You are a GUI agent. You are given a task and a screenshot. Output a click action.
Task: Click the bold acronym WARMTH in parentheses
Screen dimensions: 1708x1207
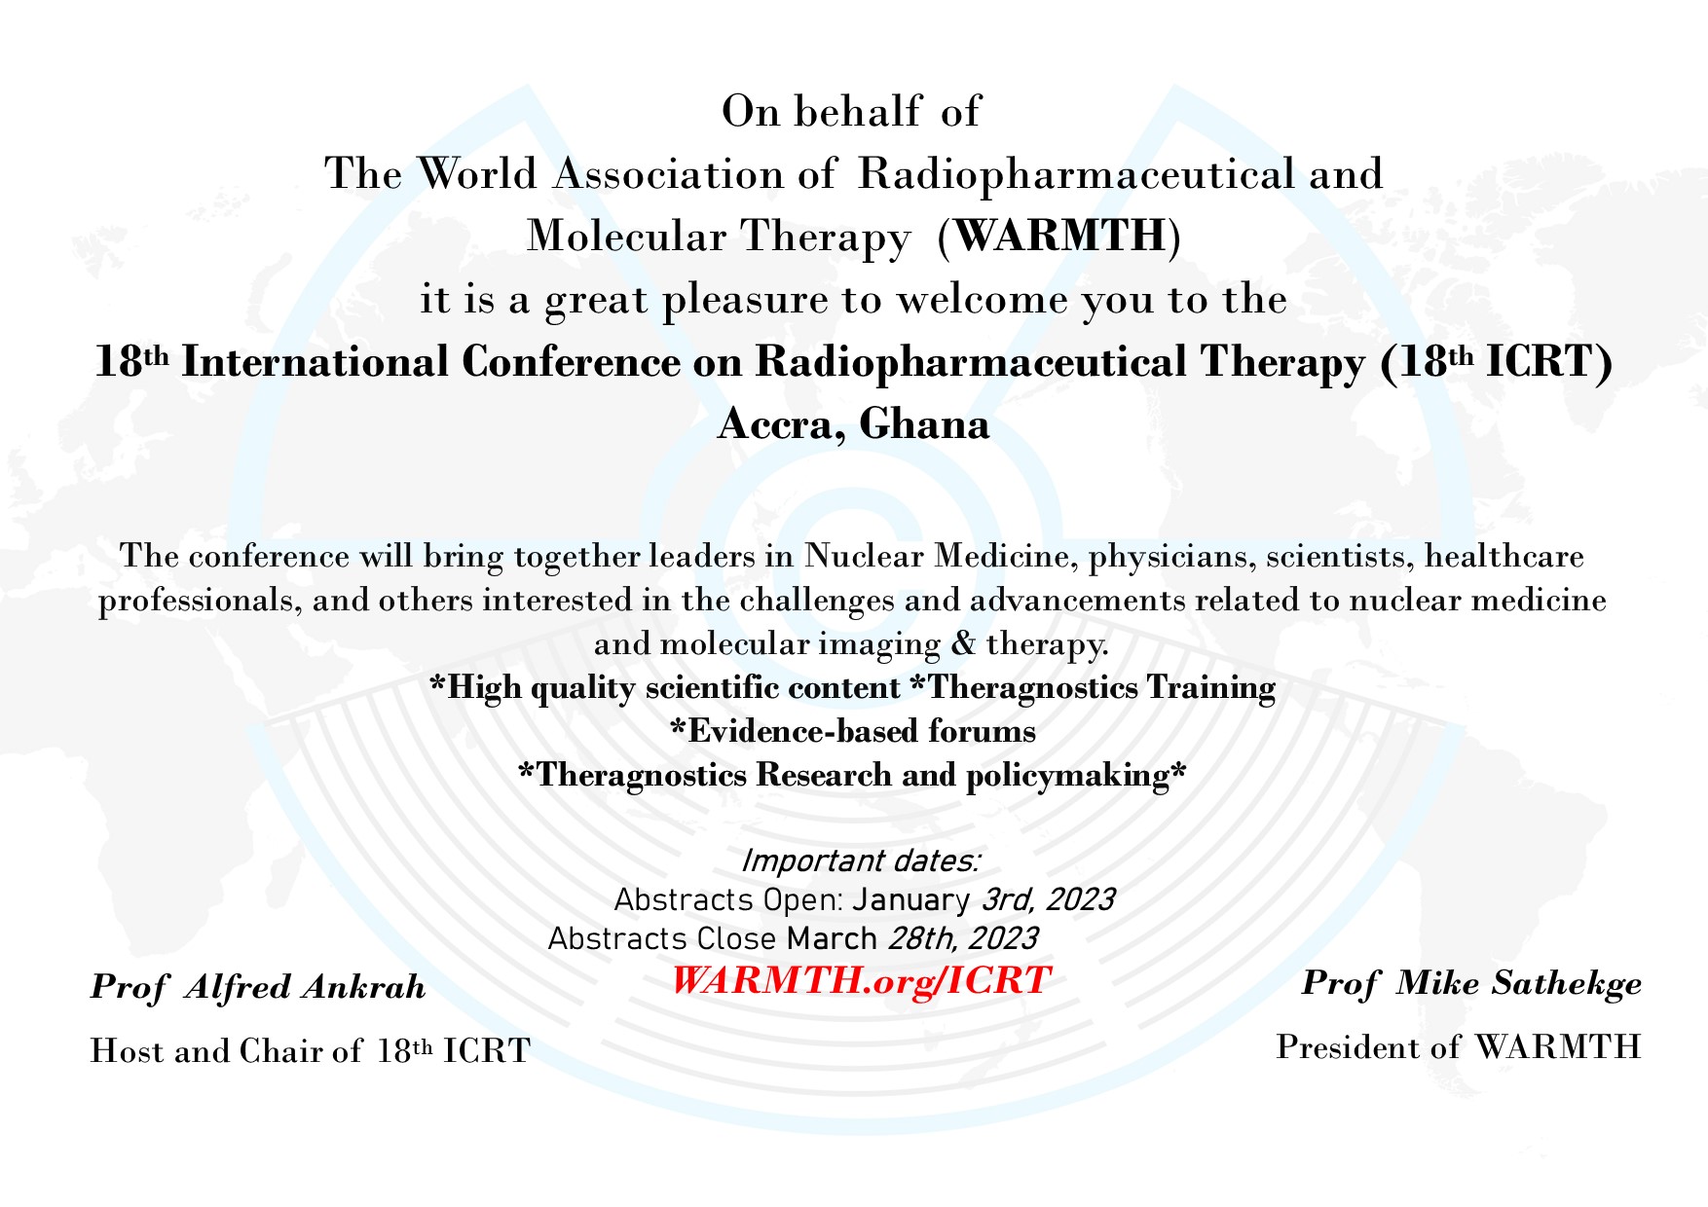point(1059,236)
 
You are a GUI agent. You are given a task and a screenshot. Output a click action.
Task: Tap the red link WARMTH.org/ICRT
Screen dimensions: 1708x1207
point(861,980)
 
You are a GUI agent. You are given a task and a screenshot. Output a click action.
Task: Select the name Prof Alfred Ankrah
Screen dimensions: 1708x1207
point(258,987)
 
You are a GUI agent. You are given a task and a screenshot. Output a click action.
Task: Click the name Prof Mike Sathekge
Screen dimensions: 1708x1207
point(1471,984)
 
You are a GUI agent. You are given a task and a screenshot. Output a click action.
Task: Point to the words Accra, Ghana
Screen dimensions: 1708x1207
point(854,425)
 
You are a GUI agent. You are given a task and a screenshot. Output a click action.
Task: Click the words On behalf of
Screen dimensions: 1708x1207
point(851,111)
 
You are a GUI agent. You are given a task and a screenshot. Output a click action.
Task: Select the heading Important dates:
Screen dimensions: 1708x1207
point(861,861)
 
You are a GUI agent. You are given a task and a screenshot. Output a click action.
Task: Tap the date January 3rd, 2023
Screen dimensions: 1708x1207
point(984,899)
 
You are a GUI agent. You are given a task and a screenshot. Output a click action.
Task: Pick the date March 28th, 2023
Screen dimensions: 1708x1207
point(912,938)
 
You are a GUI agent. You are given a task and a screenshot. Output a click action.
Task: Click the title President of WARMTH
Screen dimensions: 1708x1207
point(1459,1047)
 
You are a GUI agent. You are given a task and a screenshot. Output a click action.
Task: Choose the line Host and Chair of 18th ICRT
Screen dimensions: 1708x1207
point(311,1051)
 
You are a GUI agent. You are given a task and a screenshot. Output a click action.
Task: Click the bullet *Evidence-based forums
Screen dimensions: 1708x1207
point(854,731)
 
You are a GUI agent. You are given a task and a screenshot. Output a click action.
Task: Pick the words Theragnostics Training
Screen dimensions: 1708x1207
point(1100,688)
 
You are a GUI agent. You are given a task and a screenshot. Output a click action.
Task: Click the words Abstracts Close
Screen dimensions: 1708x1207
point(662,938)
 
